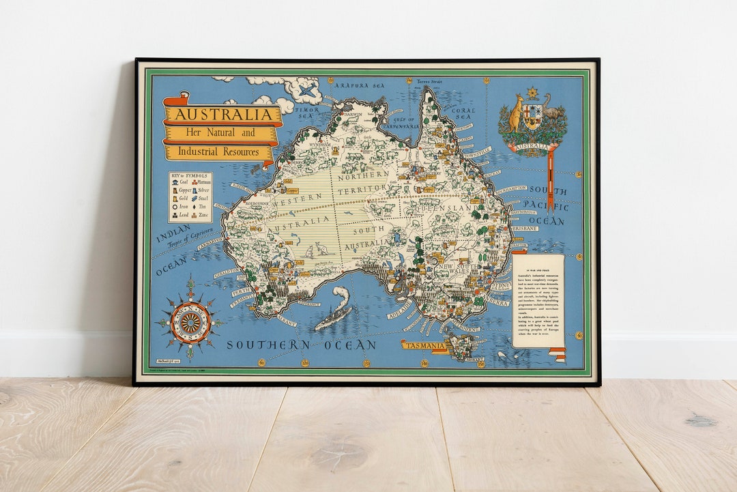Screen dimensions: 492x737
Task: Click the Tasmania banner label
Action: [424, 345]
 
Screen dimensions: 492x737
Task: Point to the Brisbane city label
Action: [523, 228]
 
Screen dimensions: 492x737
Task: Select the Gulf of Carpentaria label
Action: [401, 123]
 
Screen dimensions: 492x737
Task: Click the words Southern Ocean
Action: [301, 345]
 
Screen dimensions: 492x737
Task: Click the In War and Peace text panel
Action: [538, 300]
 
